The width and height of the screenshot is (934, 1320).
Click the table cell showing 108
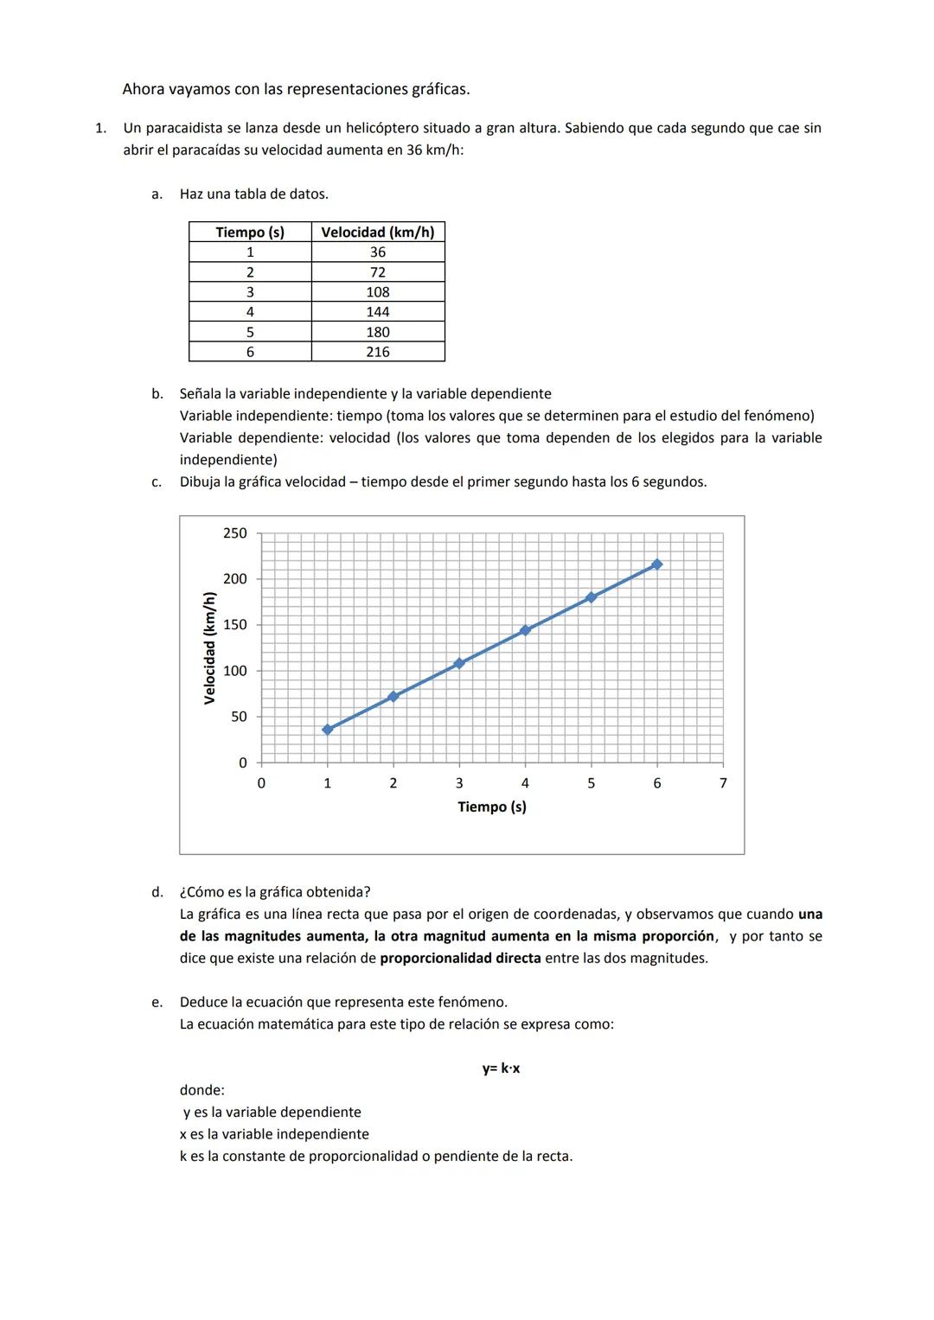point(377,292)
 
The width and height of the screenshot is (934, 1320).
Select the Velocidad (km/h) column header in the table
point(377,232)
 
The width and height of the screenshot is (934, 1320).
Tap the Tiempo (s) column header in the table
point(250,232)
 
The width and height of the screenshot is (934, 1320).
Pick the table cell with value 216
point(377,352)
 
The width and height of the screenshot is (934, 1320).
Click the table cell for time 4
point(250,312)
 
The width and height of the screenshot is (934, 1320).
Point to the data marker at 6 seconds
point(657,564)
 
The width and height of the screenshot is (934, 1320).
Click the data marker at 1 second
point(327,730)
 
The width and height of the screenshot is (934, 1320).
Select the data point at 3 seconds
point(459,663)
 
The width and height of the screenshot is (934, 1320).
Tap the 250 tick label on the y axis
point(234,533)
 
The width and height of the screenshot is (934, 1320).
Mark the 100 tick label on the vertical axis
point(234,671)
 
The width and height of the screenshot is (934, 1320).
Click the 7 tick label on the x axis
point(723,783)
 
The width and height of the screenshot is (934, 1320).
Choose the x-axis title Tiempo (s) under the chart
point(491,807)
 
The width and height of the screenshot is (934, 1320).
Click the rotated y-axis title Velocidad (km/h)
point(209,647)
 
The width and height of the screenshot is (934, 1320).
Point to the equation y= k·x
point(501,1068)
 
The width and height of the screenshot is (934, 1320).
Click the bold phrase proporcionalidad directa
point(460,958)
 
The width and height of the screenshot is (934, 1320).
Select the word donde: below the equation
point(202,1090)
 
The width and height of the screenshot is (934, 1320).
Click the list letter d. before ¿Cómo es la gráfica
point(157,892)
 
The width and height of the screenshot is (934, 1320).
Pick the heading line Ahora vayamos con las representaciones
point(296,89)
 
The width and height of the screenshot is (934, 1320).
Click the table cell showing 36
point(377,252)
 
